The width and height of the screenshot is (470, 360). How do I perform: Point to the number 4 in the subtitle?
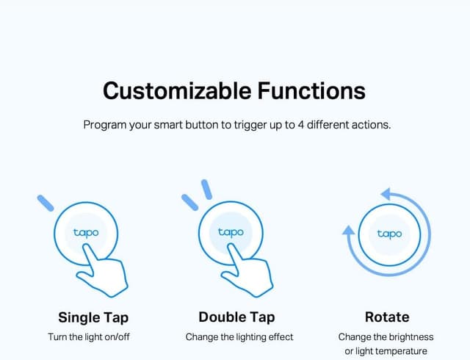click(x=301, y=125)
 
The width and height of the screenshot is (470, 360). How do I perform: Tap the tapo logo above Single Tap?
click(x=85, y=232)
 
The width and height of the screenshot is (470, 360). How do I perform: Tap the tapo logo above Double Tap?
click(x=231, y=232)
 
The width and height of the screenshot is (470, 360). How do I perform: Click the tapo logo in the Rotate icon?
click(x=389, y=234)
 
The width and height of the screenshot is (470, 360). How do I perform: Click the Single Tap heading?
click(x=93, y=317)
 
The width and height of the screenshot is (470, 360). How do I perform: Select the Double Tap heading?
click(x=236, y=317)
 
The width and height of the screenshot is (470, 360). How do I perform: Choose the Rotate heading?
click(x=387, y=317)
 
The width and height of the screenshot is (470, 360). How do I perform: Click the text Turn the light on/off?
click(x=93, y=337)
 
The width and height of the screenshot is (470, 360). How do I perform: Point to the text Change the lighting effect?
click(x=239, y=337)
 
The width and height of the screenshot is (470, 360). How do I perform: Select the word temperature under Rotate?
click(x=402, y=351)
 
